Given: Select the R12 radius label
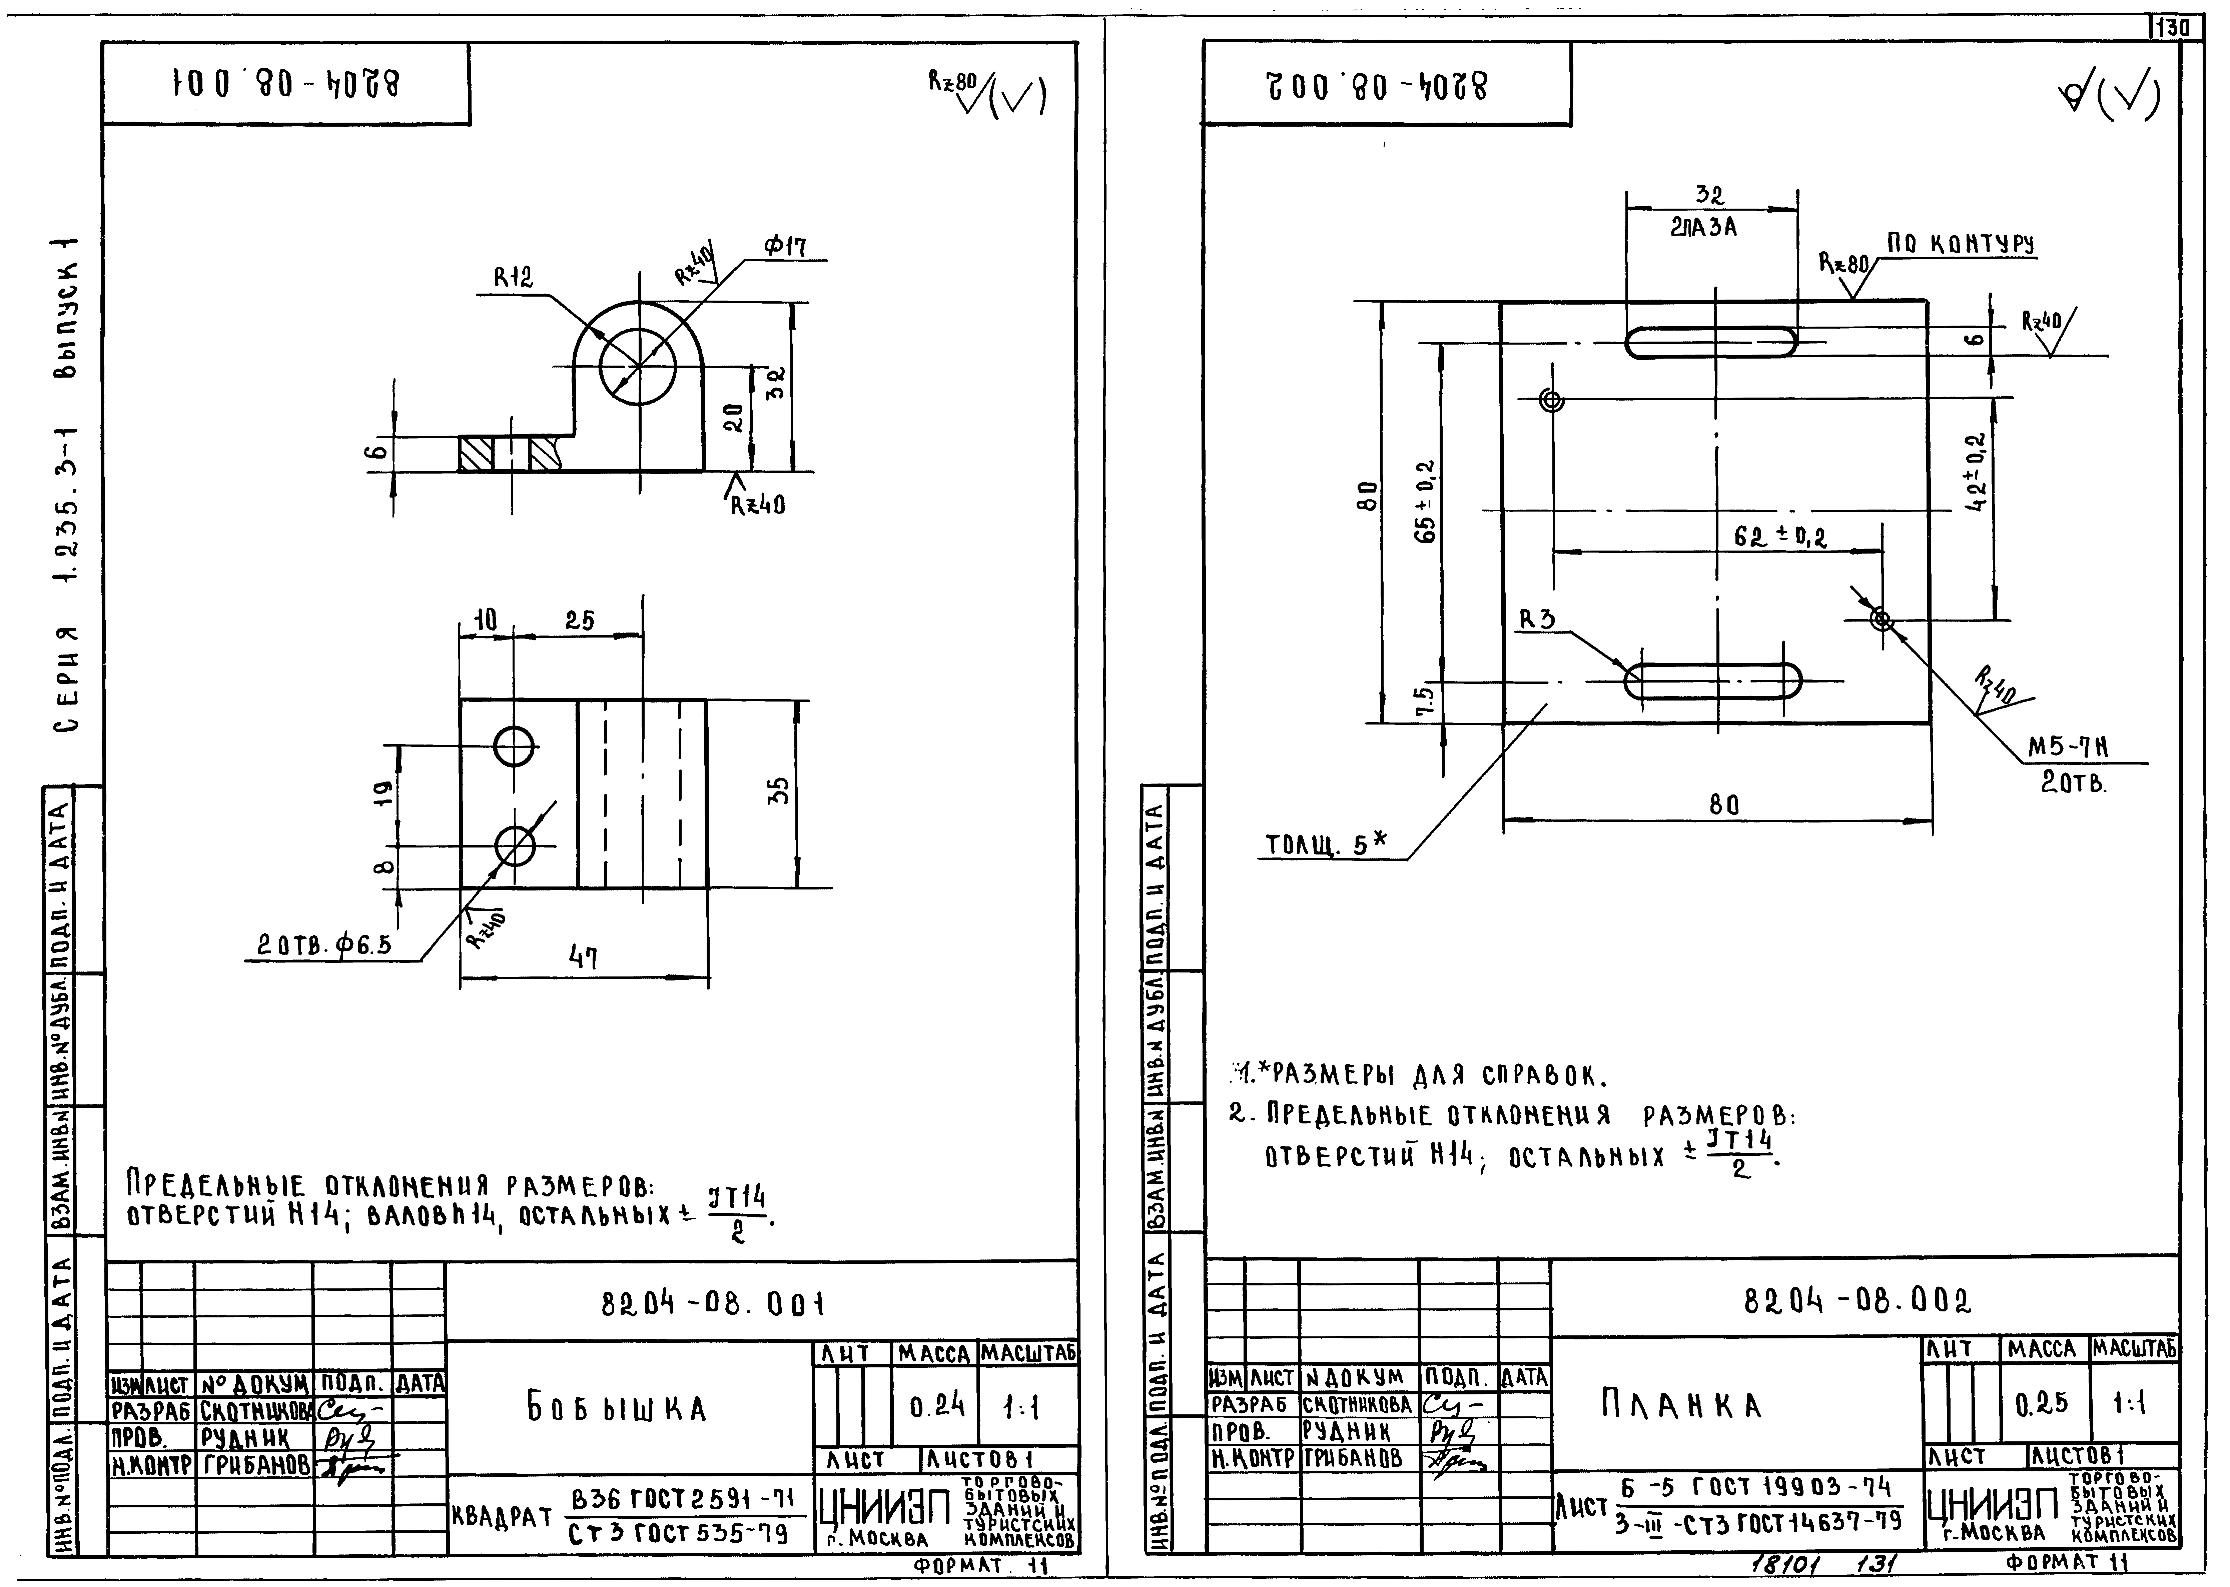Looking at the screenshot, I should point(513,279).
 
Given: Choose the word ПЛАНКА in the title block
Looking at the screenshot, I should point(1681,1405).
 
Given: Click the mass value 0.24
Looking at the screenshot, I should point(936,1405).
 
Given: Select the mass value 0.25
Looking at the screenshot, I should point(2041,1403).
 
